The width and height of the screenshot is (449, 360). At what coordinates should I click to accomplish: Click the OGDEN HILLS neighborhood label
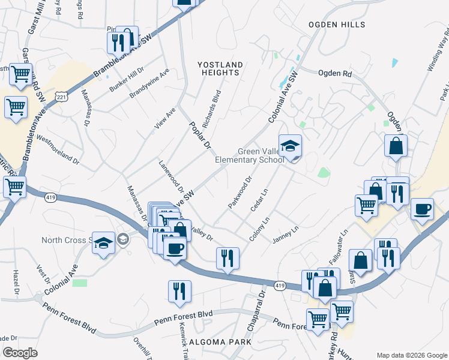click(x=336, y=25)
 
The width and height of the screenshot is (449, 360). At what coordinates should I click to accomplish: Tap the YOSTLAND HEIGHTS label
click(x=221, y=68)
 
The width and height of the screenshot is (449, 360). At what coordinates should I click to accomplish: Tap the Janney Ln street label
click(x=285, y=235)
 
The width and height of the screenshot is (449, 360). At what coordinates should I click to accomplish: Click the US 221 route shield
click(x=61, y=97)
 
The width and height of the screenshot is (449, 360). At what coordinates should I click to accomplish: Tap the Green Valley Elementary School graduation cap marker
click(x=290, y=146)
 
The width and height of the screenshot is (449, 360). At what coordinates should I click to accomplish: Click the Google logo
click(x=20, y=353)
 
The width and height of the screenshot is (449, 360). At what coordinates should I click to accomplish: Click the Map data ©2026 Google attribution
click(x=412, y=355)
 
